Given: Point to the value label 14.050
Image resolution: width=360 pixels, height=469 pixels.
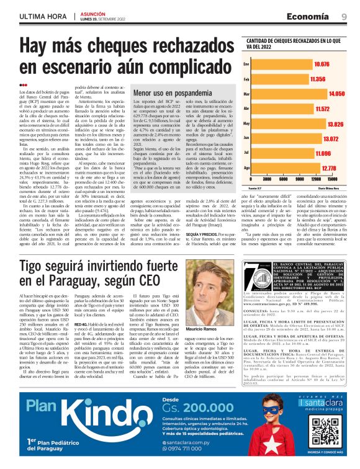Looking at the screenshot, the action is tap(336, 94).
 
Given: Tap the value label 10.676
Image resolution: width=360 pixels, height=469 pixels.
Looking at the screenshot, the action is tap(322, 64).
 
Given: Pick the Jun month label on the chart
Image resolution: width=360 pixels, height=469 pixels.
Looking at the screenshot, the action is tap(246, 138).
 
